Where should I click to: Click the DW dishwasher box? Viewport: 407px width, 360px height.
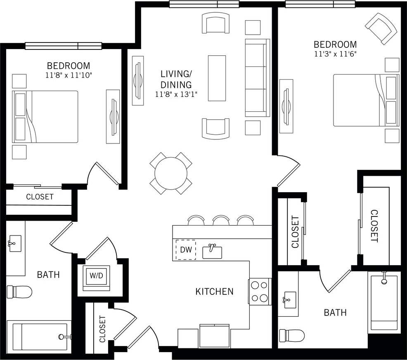click(x=186, y=249)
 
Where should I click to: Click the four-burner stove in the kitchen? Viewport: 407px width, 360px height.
click(x=259, y=292)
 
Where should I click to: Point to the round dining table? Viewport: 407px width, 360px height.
click(x=170, y=173)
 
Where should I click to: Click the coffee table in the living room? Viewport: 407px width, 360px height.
click(x=217, y=78)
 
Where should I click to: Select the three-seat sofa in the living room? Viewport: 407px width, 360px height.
click(x=257, y=78)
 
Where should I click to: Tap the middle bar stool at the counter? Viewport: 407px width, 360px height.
click(x=221, y=221)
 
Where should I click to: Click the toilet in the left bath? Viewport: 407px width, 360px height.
click(x=20, y=292)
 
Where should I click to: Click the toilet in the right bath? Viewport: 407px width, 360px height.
click(x=292, y=335)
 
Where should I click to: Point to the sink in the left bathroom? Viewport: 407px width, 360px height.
click(x=14, y=242)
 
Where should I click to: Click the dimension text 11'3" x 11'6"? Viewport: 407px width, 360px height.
click(x=335, y=54)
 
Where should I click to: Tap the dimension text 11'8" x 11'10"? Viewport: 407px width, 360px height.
click(x=69, y=75)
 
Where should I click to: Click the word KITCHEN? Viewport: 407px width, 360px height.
click(x=214, y=292)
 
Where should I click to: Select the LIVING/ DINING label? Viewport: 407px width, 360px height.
click(x=176, y=80)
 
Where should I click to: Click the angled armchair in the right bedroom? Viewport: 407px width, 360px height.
click(x=381, y=28)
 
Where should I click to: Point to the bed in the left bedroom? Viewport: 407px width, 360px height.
click(x=45, y=117)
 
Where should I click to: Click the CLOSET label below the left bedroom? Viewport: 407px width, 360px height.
click(x=40, y=197)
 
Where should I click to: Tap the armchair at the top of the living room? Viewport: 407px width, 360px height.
click(x=215, y=23)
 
